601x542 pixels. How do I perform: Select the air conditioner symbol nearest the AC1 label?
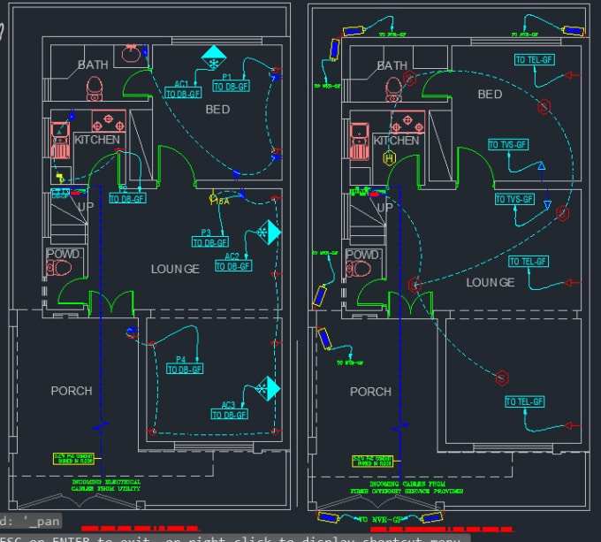click(213, 57)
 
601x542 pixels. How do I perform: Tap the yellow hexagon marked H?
click(388, 158)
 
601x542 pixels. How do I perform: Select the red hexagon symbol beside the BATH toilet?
click(410, 78)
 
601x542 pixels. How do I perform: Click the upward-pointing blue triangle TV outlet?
click(543, 166)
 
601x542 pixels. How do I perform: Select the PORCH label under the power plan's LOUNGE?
click(72, 390)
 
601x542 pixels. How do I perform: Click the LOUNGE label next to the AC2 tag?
click(175, 269)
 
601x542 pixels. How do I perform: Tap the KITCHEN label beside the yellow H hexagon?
click(396, 141)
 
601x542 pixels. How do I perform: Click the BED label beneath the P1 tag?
click(217, 110)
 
